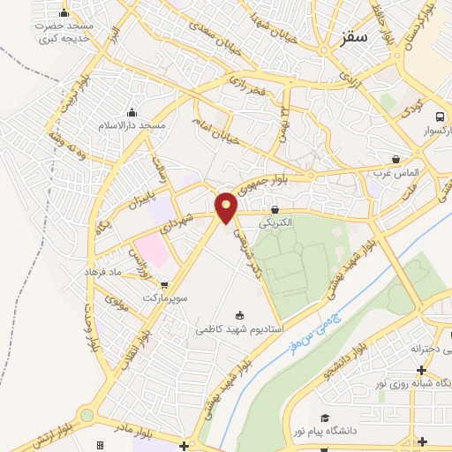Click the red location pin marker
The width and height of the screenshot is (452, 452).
(227, 207)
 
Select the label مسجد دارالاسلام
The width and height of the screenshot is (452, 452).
(132, 126)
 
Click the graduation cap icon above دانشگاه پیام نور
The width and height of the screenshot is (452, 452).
(325, 418)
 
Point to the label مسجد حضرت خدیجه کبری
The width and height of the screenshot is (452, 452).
(64, 32)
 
